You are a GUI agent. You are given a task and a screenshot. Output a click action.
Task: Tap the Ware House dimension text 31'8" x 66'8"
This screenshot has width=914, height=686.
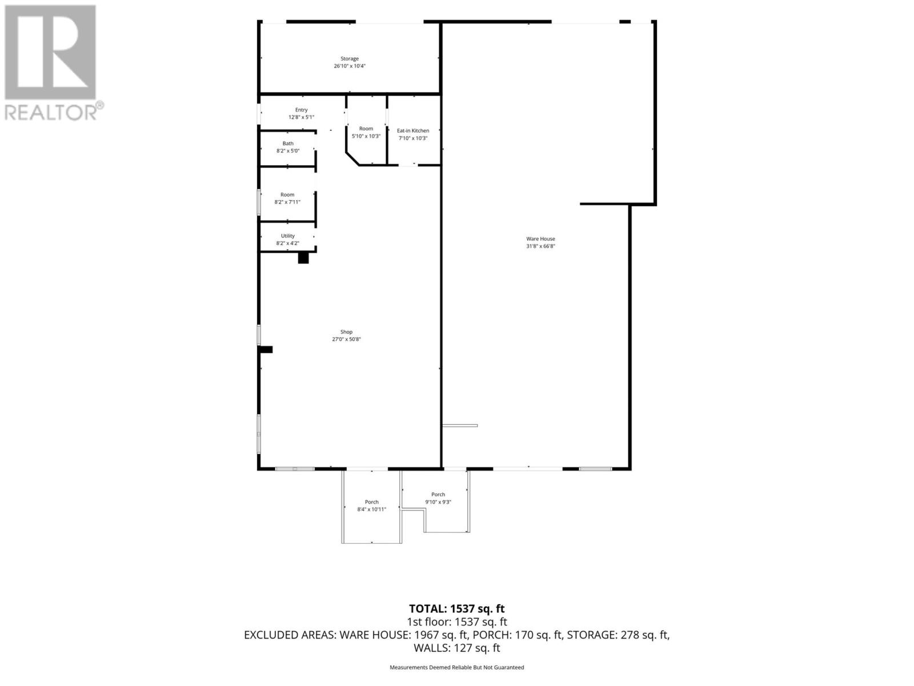point(540,246)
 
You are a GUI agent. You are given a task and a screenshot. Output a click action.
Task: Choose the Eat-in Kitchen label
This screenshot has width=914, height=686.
point(412,130)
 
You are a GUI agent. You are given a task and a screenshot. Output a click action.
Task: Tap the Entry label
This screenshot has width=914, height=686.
point(302,110)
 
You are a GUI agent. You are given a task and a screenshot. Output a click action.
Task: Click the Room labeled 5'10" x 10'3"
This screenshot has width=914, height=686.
point(366,133)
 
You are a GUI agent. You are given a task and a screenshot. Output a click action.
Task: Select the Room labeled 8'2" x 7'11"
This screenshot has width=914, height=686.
point(287,198)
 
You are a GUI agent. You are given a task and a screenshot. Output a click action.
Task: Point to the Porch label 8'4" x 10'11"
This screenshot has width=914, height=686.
point(372,506)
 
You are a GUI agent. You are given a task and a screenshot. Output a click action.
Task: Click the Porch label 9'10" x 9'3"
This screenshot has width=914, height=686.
point(438,498)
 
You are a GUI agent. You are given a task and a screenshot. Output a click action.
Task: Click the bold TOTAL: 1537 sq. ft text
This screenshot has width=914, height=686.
point(457,609)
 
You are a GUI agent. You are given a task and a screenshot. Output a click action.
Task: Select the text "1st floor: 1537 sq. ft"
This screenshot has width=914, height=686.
point(457,622)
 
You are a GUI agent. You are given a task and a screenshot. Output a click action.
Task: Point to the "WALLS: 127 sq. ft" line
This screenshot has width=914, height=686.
point(457,648)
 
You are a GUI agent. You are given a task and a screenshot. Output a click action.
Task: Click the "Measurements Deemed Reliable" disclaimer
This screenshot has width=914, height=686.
point(457,667)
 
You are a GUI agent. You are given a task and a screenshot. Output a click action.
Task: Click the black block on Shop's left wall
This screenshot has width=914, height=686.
point(266,349)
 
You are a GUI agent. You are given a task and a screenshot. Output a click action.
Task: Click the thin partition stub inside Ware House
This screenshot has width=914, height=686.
point(460,425)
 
